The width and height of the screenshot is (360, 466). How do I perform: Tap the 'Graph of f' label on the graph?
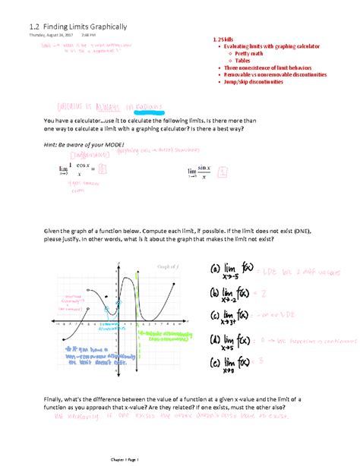[166, 266]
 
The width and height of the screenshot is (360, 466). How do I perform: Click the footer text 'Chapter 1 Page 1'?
[179, 460]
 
